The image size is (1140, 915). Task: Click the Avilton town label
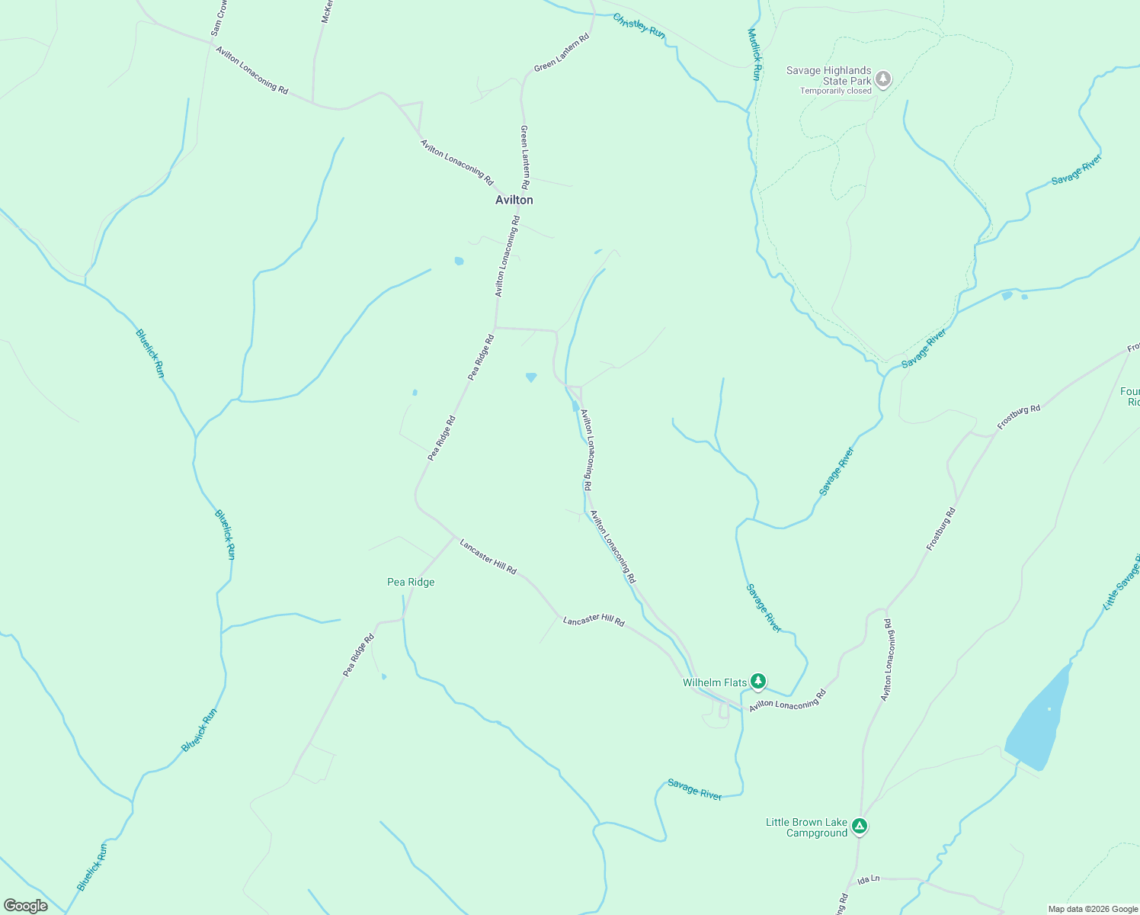514,200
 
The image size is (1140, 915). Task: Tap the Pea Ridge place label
411,582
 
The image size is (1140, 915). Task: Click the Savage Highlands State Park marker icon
883,79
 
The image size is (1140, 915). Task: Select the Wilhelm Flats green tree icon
757,681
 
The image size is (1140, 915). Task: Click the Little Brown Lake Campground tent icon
859,826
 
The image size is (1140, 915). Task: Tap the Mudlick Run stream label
754,54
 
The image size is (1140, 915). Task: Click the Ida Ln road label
868,879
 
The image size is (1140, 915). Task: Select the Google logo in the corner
26,905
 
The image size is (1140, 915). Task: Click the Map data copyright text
1092,909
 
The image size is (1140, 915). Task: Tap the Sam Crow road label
219,18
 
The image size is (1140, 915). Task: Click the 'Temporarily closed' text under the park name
835,91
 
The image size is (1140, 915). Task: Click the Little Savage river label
1121,583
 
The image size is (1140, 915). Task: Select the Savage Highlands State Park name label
828,75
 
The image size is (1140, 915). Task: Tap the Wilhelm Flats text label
714,682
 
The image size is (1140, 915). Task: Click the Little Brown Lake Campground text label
807,827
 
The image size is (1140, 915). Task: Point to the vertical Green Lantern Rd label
524,157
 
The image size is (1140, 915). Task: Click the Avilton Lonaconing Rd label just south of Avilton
507,256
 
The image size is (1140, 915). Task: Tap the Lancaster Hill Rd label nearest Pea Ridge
488,556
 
